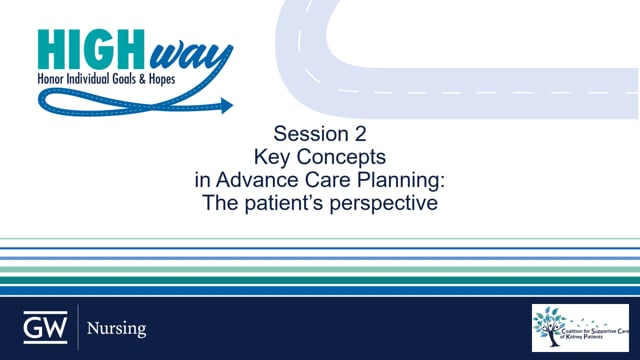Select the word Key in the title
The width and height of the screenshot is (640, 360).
click(x=275, y=158)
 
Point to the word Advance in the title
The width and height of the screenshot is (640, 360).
click(x=254, y=182)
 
